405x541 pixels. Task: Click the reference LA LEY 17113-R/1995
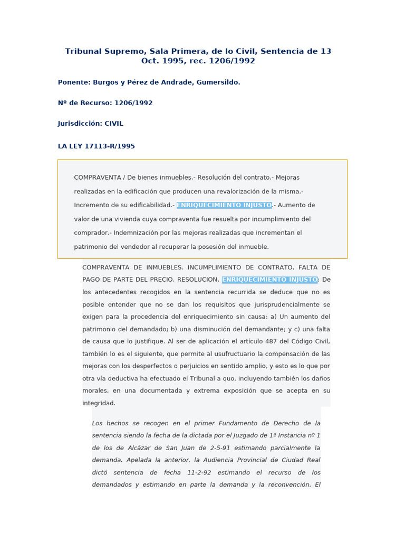coord(96,146)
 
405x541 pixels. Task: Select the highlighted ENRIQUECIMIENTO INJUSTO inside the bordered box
coord(224,205)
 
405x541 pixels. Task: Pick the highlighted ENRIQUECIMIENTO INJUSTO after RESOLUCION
coord(269,279)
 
